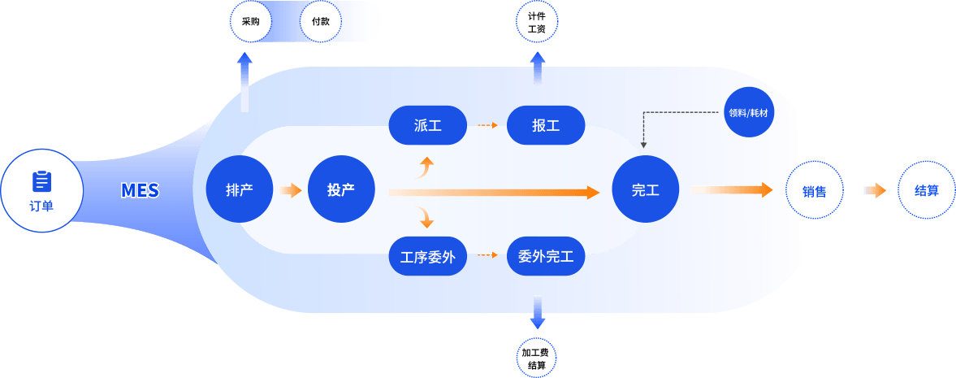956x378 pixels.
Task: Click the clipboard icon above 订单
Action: [x=41, y=181]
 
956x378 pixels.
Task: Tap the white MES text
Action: [x=140, y=191]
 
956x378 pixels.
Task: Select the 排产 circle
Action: [x=240, y=190]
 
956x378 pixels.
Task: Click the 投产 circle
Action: [x=341, y=190]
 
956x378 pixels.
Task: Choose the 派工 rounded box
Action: [x=427, y=125]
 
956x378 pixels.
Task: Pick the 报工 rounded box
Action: [x=546, y=125]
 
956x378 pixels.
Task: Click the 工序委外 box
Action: [x=427, y=257]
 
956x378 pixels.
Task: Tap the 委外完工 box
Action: [x=546, y=257]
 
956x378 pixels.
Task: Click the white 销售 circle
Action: [x=815, y=192]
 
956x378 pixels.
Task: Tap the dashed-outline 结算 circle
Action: [x=927, y=191]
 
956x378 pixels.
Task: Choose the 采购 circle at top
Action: [x=244, y=22]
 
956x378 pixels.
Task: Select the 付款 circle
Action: [x=320, y=22]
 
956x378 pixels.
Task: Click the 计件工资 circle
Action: [x=537, y=22]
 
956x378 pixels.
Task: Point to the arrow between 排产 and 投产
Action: [x=290, y=190]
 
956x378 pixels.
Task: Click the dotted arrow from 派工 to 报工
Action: [x=487, y=125]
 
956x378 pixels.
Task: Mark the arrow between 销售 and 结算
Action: [x=874, y=190]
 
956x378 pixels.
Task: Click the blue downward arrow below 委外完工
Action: [x=537, y=311]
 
